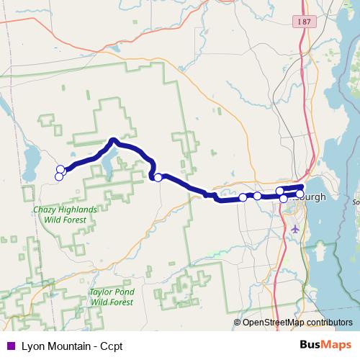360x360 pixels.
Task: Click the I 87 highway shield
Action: point(304,22)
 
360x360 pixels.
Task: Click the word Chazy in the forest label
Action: point(45,210)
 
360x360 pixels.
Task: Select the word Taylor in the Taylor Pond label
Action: point(102,293)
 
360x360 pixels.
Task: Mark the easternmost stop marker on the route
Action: point(300,194)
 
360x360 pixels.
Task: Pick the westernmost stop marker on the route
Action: point(58,176)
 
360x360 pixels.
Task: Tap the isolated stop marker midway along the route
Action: point(158,177)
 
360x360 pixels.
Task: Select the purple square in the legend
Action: point(11,345)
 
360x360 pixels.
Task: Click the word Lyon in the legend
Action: point(32,345)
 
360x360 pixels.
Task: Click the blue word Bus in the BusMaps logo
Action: point(310,344)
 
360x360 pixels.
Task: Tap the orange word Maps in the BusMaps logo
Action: point(336,344)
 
